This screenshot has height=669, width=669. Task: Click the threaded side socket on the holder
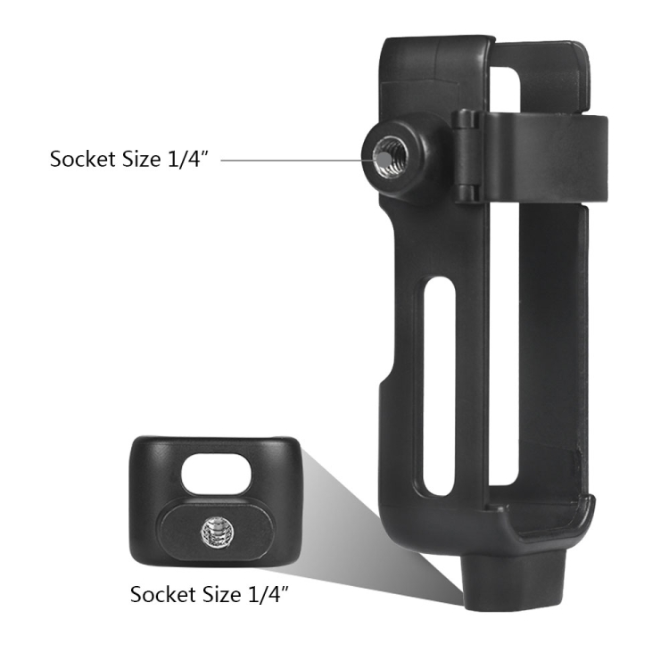pos(390,156)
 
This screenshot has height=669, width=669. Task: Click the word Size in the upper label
pos(142,159)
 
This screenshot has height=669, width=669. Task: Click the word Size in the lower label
pos(222,594)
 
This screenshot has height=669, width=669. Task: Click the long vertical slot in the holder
pos(439,386)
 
